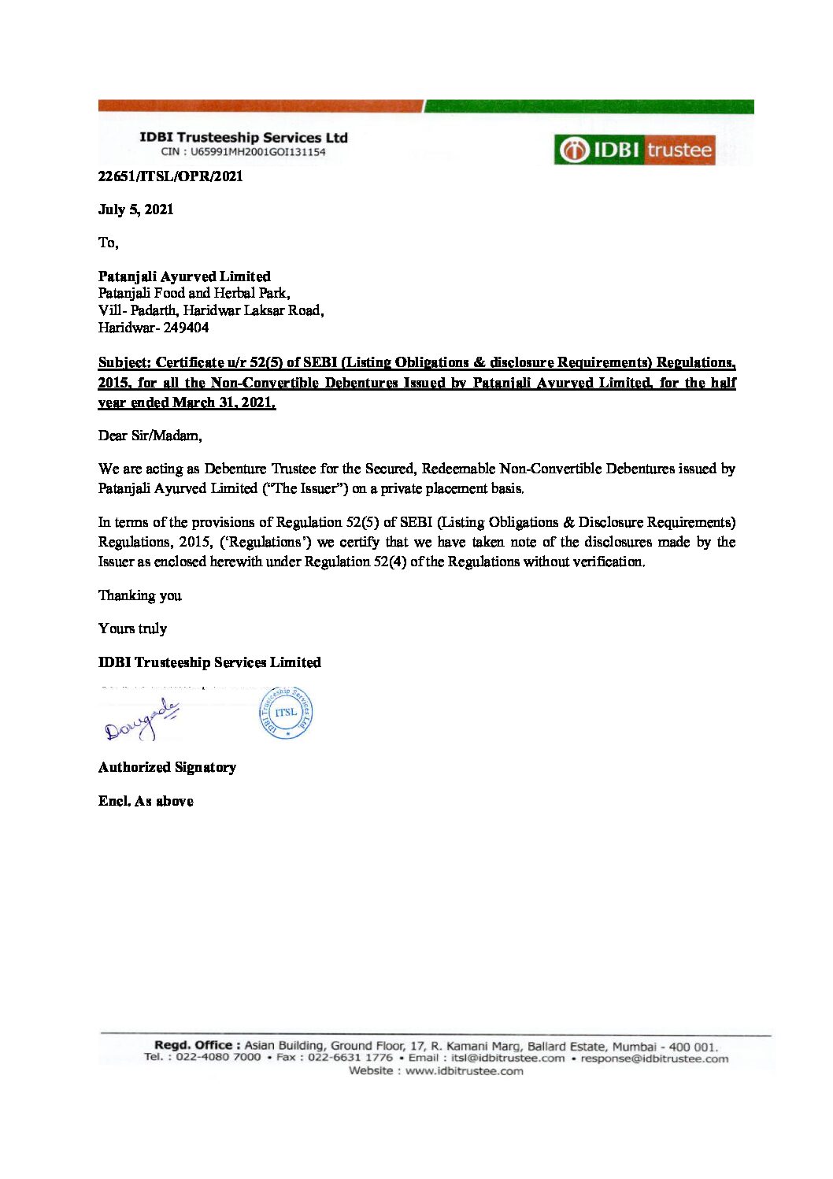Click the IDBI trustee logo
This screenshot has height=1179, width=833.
click(635, 150)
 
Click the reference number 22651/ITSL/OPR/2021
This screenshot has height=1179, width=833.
click(170, 176)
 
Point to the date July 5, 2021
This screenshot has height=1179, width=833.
click(135, 209)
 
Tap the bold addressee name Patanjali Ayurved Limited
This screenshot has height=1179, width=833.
click(184, 276)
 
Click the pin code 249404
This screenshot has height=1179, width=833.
click(186, 328)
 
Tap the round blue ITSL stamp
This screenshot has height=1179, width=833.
click(286, 712)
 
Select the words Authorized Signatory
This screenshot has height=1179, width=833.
click(167, 767)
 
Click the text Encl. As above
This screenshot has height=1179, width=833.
click(146, 801)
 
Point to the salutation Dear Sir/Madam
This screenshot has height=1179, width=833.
click(150, 436)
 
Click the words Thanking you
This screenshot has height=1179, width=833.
click(140, 595)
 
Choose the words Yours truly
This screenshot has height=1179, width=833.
click(132, 628)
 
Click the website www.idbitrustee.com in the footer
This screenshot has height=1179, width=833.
click(464, 1071)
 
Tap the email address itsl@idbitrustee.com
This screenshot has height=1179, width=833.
click(507, 1058)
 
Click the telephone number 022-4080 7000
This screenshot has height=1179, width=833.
click(218, 1057)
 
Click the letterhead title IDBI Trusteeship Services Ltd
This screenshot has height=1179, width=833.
click(243, 138)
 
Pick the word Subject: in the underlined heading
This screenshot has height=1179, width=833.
click(124, 362)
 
